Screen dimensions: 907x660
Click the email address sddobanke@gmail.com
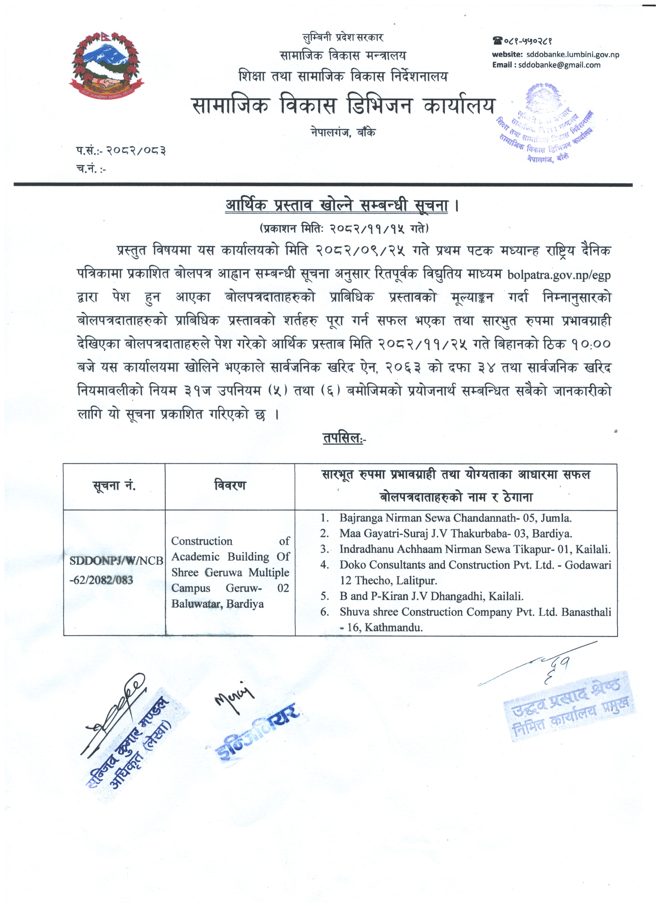(x=559, y=65)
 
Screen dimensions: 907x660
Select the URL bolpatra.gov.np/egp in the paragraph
(x=559, y=275)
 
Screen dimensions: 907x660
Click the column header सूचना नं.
(x=114, y=486)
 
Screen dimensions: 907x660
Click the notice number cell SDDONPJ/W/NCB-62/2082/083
(x=116, y=570)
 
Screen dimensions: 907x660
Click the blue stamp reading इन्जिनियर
(x=258, y=734)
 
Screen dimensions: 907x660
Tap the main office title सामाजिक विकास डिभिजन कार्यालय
(x=343, y=106)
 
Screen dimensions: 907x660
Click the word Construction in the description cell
(x=202, y=541)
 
